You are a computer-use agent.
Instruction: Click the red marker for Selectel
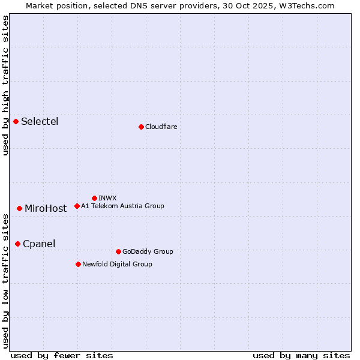pos(16,122)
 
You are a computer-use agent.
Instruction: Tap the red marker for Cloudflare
pos(141,127)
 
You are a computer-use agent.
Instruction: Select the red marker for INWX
pos(95,198)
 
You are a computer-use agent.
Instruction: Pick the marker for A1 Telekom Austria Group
pos(77,206)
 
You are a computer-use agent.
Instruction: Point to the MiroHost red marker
pos(20,208)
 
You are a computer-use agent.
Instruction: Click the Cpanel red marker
pos(18,244)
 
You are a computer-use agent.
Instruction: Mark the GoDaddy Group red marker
pos(118,251)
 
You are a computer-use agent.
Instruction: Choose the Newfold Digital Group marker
pos(78,264)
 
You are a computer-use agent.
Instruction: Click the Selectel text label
pos(40,122)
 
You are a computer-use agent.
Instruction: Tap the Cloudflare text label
pos(161,127)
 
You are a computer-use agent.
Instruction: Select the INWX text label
pos(107,198)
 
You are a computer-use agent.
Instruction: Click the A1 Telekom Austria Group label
pos(122,206)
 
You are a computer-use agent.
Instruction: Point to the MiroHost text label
pos(46,209)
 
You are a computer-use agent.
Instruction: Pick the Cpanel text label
pos(39,244)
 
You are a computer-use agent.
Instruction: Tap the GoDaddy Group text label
pos(148,251)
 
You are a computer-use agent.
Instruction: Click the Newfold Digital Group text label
pos(117,264)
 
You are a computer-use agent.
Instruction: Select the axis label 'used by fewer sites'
pos(62,355)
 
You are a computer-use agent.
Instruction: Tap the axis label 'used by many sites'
pos(301,355)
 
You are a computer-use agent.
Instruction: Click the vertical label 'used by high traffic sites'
pos(5,85)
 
